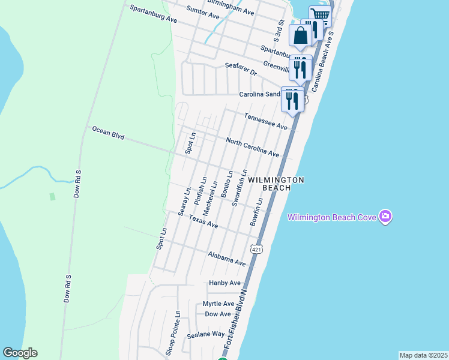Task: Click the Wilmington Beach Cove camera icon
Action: (385, 217)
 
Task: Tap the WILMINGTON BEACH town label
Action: (276, 184)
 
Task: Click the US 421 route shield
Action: (256, 249)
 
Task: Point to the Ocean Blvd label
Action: (108, 133)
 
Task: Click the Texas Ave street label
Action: (203, 221)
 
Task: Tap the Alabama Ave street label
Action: (227, 259)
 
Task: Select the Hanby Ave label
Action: (224, 283)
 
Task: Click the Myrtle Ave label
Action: (218, 304)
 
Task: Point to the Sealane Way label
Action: (205, 334)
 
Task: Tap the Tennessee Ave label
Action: (265, 121)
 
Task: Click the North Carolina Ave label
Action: (252, 148)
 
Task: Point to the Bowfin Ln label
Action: (257, 212)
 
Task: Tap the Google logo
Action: (20, 353)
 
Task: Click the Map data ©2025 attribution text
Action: (423, 355)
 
